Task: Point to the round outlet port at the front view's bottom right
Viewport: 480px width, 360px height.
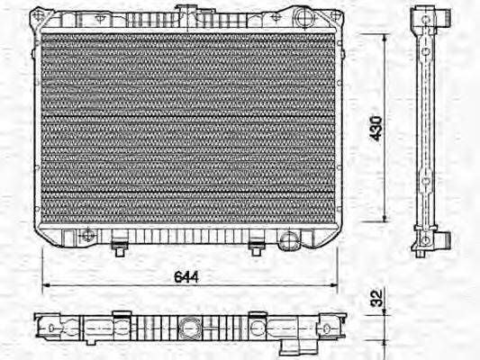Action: coord(288,238)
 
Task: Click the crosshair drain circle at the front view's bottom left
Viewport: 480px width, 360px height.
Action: coord(86,236)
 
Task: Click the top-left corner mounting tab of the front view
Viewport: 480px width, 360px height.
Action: coord(39,15)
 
